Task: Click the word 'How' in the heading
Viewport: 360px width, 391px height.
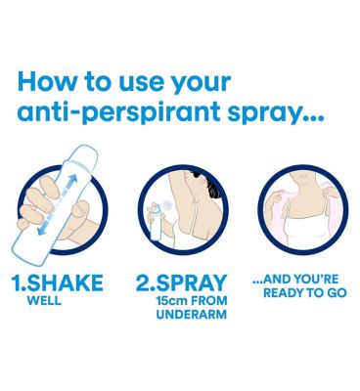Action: pyautogui.click(x=46, y=82)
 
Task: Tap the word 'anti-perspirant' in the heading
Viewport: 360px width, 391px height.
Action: pyautogui.click(x=118, y=112)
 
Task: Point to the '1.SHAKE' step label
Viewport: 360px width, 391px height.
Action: pyautogui.click(x=57, y=282)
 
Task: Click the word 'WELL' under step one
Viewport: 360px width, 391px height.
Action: pyautogui.click(x=44, y=300)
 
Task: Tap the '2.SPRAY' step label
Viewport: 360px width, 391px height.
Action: pyautogui.click(x=182, y=282)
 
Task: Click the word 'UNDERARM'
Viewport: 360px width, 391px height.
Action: pyautogui.click(x=192, y=315)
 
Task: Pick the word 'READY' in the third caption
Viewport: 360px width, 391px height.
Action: pyautogui.click(x=283, y=292)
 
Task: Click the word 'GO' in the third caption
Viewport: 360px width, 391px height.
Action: pyautogui.click(x=335, y=292)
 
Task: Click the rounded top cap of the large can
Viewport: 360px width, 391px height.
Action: pyautogui.click(x=83, y=154)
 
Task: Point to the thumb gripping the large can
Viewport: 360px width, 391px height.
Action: pyautogui.click(x=80, y=209)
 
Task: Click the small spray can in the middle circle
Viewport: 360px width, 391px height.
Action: pyautogui.click(x=155, y=222)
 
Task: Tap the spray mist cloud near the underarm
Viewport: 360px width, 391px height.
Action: pyautogui.click(x=168, y=205)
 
